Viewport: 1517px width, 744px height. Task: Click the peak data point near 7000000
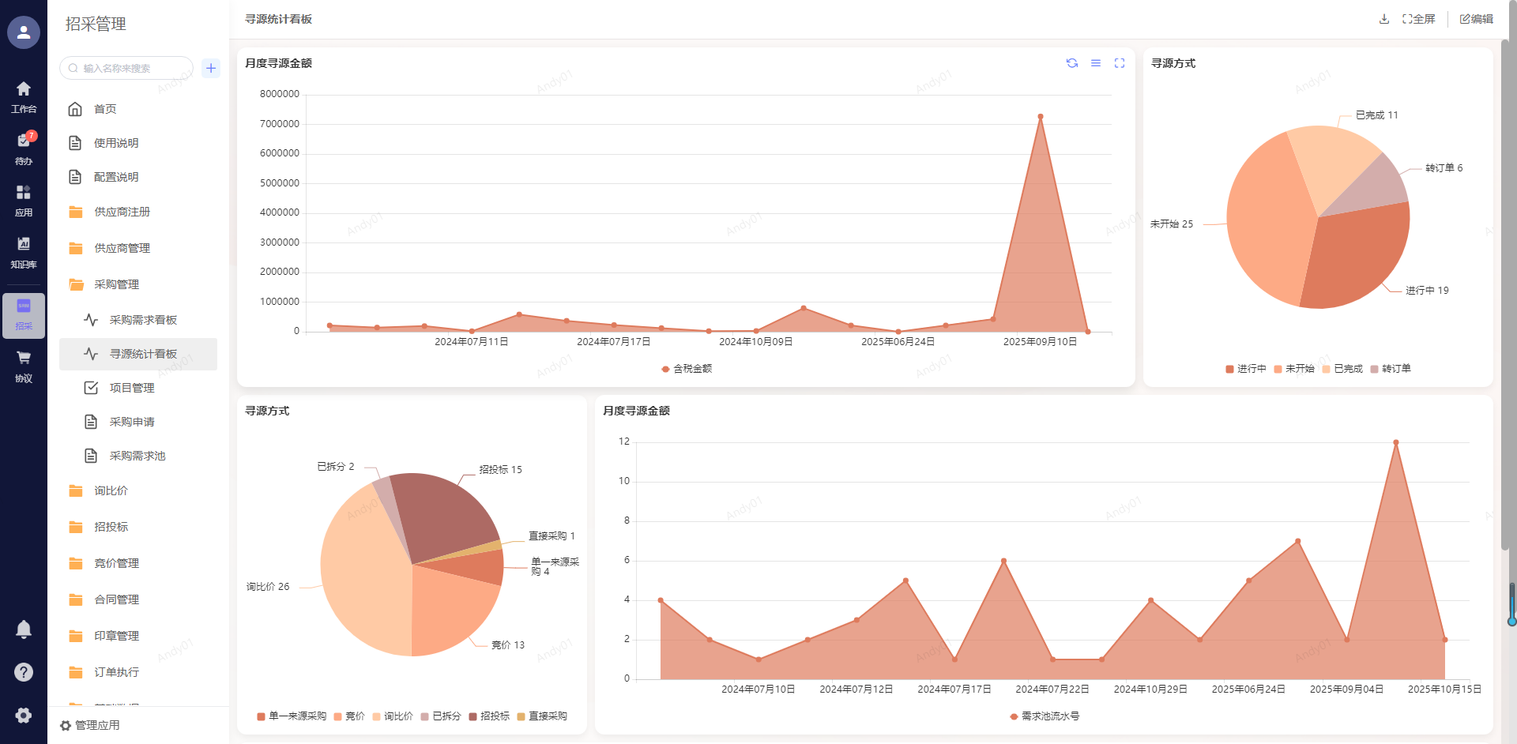[x=1040, y=117]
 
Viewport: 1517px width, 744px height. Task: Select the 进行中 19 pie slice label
[x=1426, y=291]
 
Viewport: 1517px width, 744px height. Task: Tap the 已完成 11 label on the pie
[x=1376, y=115]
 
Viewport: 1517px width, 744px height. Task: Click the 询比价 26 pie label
[x=268, y=587]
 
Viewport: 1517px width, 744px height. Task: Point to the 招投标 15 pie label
[x=500, y=470]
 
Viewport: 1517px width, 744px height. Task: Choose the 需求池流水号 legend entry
[x=1045, y=716]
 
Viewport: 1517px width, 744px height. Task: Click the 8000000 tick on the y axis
[x=280, y=94]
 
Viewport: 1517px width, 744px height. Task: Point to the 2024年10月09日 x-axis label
[x=755, y=342]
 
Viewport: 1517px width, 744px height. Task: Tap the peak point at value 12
[x=1395, y=443]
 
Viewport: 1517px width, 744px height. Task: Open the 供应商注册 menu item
[x=122, y=212]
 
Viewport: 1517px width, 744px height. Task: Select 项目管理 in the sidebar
[x=131, y=388]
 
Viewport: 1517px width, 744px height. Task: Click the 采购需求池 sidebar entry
[x=137, y=456]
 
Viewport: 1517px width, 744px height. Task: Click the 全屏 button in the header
[x=1418, y=19]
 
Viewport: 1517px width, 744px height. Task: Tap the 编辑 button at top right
[x=1476, y=19]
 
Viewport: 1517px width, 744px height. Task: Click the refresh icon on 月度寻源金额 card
[x=1072, y=63]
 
